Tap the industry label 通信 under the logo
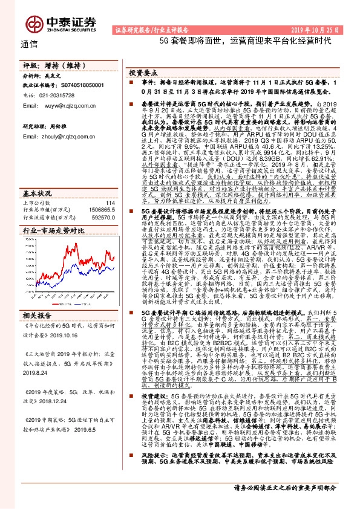click(29, 44)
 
